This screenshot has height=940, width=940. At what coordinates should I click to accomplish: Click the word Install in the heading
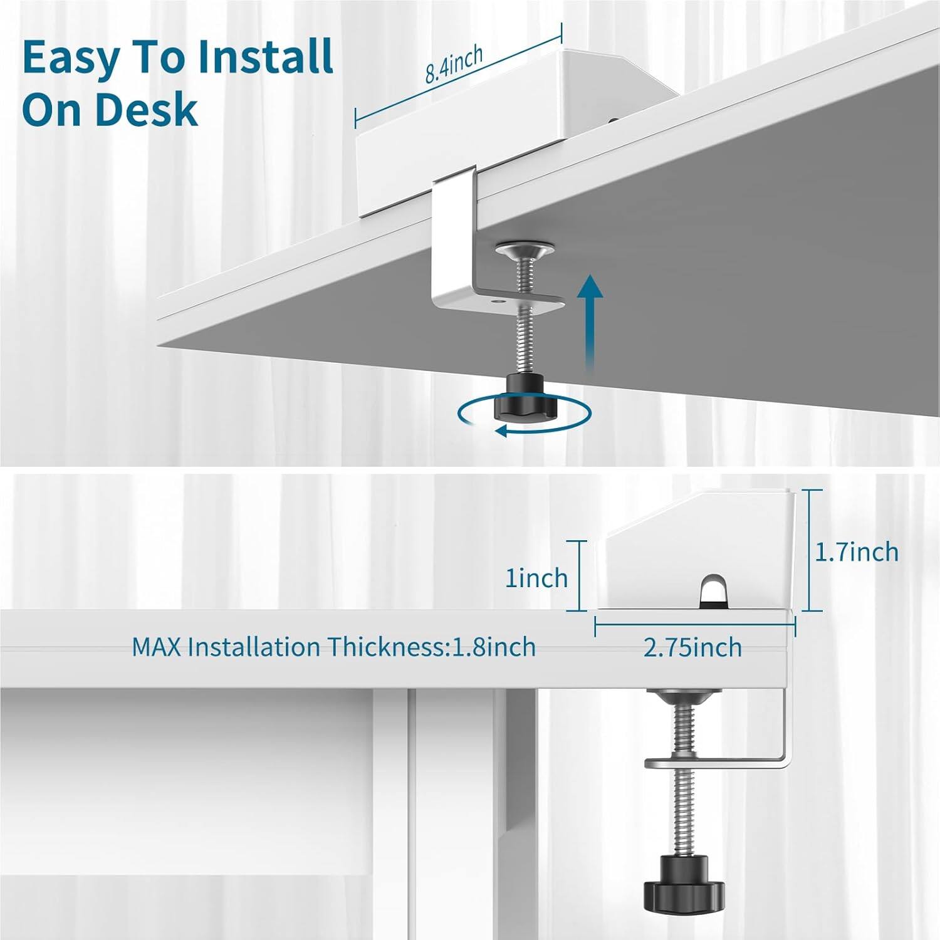[264, 58]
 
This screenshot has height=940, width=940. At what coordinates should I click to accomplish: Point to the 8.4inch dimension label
[454, 64]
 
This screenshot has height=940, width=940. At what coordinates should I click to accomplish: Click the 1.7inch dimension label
[857, 552]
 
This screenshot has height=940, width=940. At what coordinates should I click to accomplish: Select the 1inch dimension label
[536, 578]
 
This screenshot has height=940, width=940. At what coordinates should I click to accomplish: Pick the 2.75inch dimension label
[692, 647]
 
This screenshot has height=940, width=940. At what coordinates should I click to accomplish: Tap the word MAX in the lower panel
[156, 647]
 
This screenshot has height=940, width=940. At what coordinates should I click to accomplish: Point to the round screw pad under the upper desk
[525, 251]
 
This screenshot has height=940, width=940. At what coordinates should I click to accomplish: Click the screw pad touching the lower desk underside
[684, 695]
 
